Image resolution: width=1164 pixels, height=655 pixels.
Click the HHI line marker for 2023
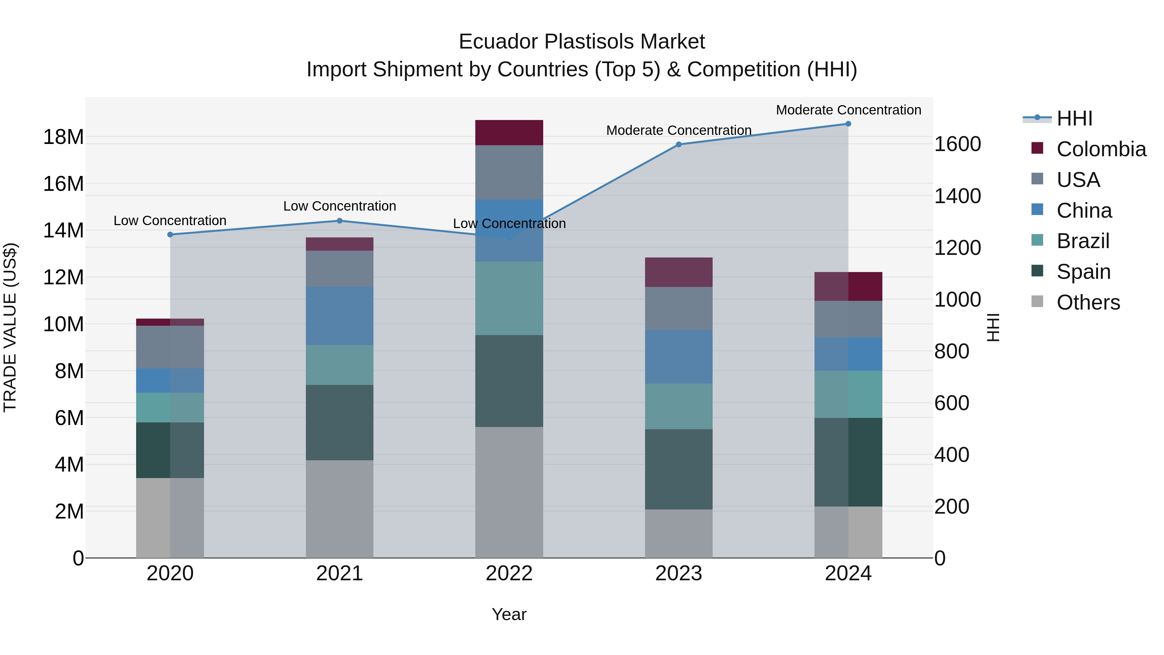(678, 145)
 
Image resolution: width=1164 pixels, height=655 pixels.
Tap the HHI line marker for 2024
(848, 124)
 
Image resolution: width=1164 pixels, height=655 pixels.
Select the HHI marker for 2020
(170, 235)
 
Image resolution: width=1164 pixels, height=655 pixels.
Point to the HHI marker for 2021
(340, 221)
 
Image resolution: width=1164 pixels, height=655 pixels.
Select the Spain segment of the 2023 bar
(678, 469)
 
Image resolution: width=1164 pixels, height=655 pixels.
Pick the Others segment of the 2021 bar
(339, 509)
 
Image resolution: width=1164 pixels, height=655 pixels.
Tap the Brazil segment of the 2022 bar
(509, 298)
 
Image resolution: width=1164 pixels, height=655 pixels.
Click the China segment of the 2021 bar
(339, 316)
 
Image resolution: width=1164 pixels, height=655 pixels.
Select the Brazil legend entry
(1083, 241)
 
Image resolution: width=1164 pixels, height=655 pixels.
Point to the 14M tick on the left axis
(63, 231)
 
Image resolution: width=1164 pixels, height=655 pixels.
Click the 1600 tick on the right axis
(957, 144)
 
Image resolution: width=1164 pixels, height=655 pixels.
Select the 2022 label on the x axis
(509, 573)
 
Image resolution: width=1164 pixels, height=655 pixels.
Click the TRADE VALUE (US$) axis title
(10, 327)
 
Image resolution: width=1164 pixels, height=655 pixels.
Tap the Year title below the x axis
(509, 614)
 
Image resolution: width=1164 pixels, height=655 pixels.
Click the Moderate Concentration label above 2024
(848, 110)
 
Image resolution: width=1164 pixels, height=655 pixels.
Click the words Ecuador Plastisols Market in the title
(582, 42)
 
